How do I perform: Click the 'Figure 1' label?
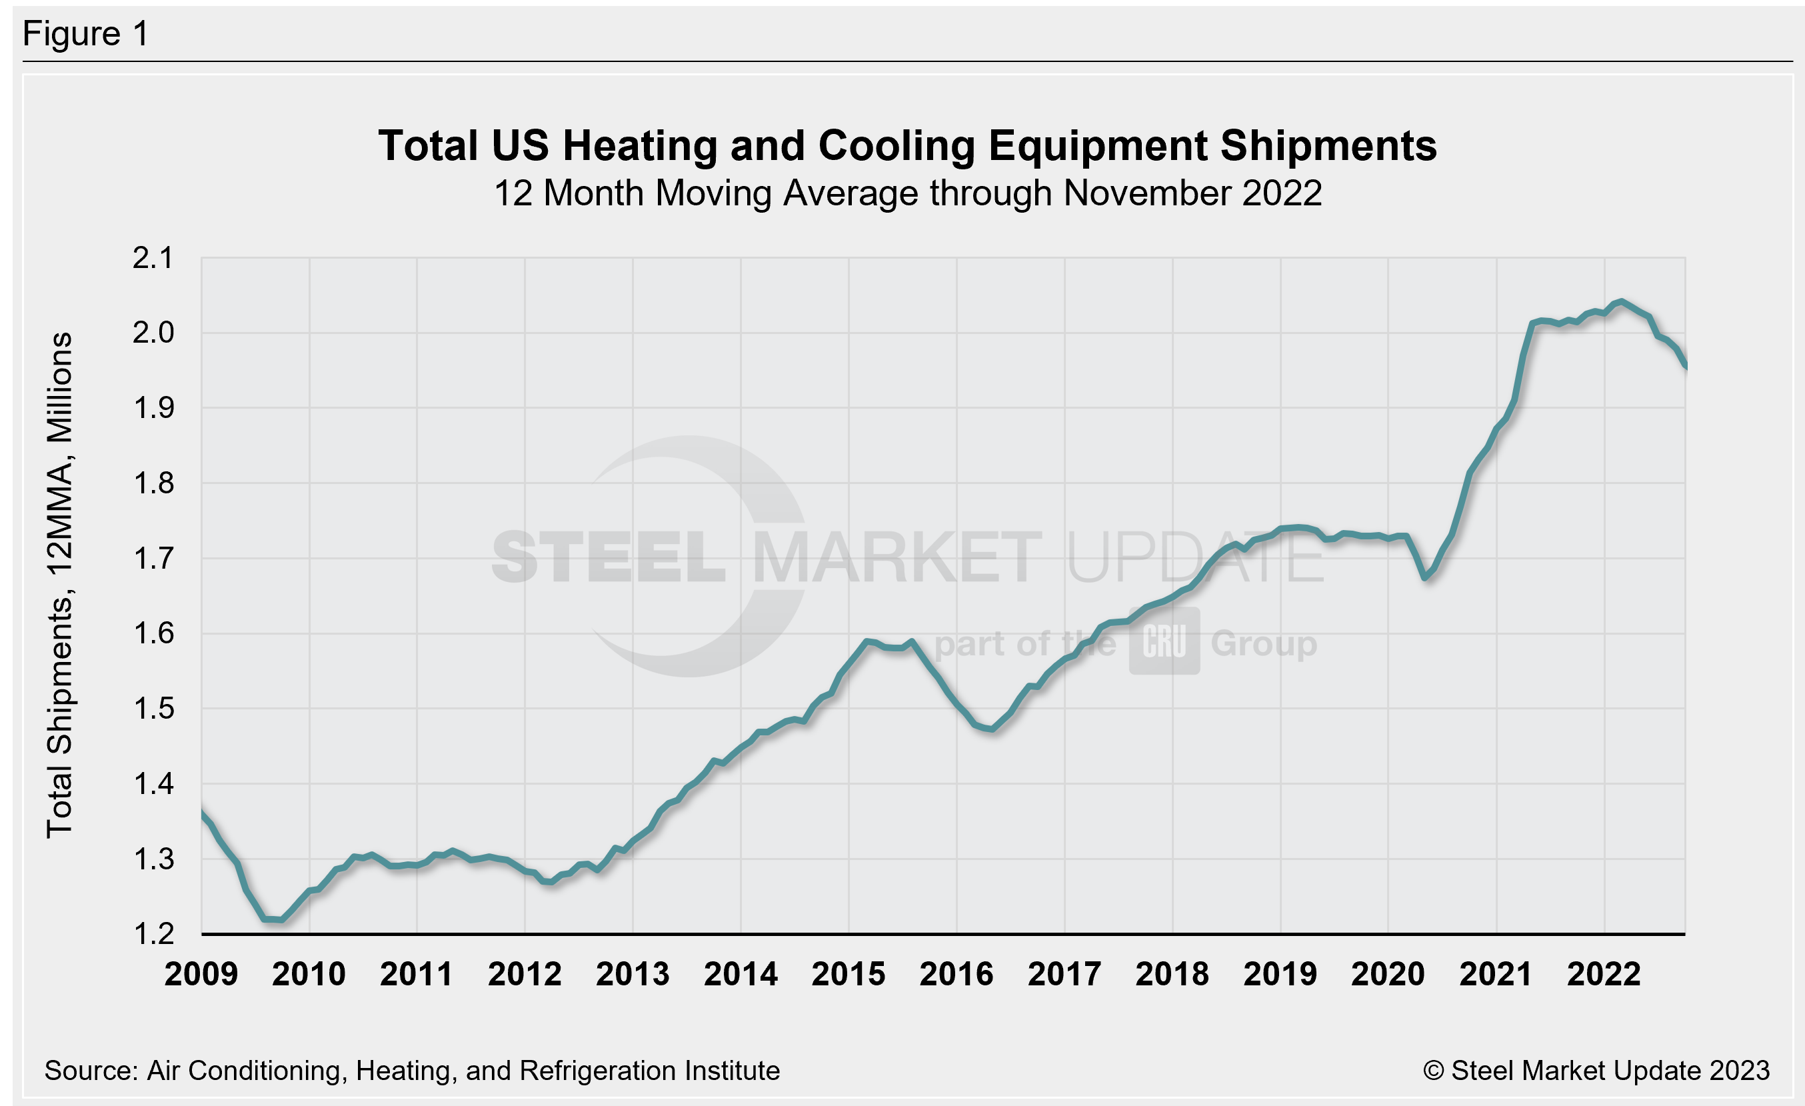pos(86,34)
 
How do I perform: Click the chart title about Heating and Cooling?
pos(907,145)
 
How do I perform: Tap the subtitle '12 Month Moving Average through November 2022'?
pos(907,193)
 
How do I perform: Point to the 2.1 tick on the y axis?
pos(153,258)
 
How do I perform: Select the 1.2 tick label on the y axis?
pos(153,934)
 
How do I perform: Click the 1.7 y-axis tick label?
pos(153,559)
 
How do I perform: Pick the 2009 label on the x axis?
pos(201,974)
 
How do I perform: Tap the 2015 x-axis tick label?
pos(849,974)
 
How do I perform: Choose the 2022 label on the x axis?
pos(1604,974)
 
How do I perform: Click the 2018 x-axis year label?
pos(1172,974)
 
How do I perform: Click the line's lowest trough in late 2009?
pos(281,919)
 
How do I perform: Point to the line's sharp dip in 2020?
pos(1425,577)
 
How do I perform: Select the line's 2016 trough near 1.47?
pos(991,729)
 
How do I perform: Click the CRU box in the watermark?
pos(1164,641)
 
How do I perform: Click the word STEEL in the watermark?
pos(609,558)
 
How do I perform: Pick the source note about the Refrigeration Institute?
pos(412,1071)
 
